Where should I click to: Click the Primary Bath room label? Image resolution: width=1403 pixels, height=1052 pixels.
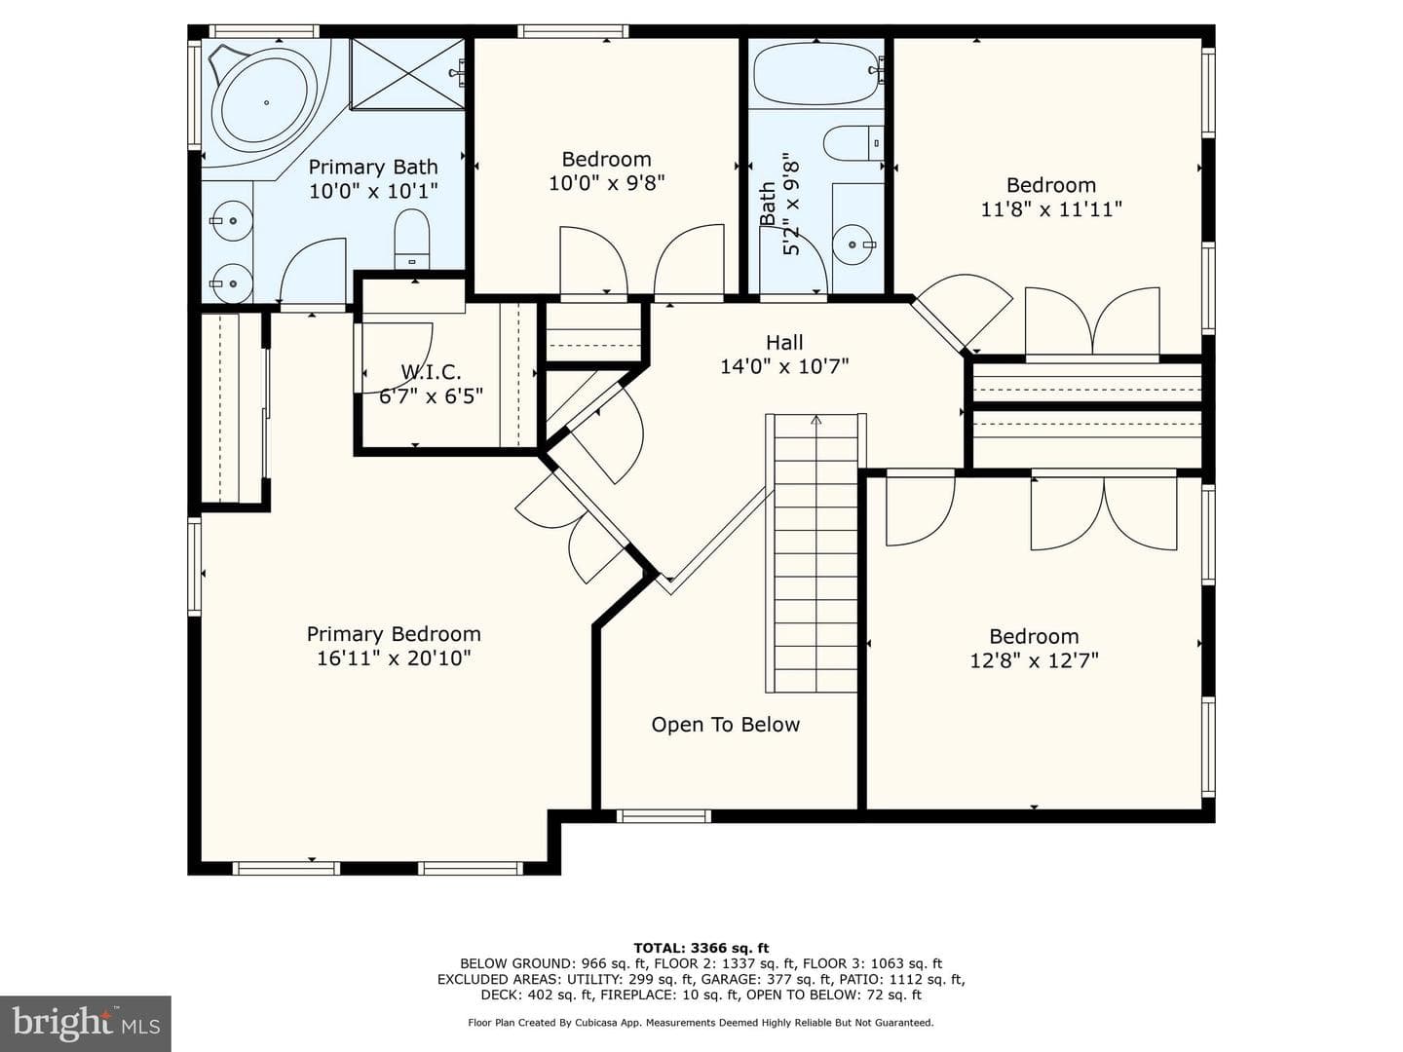point(373,168)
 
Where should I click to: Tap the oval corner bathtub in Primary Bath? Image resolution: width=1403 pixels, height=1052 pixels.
point(264,103)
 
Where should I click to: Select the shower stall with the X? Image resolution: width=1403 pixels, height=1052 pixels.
point(408,73)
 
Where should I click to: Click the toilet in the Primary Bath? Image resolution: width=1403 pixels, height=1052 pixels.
point(411,239)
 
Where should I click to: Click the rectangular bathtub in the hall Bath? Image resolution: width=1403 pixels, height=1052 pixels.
point(816,73)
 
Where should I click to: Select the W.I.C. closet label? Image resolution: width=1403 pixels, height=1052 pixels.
point(431,372)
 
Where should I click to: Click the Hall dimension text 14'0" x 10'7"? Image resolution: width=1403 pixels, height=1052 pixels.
point(784,366)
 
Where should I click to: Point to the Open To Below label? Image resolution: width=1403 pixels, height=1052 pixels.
point(726,725)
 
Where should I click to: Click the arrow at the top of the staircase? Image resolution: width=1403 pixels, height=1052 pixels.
point(816,420)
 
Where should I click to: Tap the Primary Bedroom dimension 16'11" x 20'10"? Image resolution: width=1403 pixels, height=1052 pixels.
point(394,657)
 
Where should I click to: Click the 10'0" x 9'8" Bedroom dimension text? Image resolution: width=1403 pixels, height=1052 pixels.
point(607,183)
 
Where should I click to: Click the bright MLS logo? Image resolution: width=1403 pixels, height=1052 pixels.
point(86,1024)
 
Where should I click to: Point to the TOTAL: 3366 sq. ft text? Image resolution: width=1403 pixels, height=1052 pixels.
point(701,948)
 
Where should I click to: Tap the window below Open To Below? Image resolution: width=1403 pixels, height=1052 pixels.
point(664,815)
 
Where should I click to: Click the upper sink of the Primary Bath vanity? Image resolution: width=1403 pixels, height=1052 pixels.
point(232,221)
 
